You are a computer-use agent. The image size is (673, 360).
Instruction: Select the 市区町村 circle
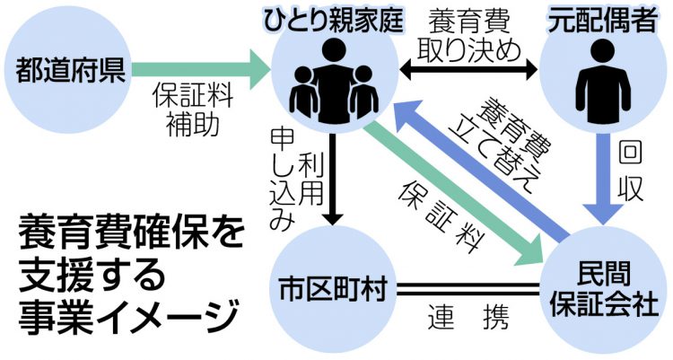click(x=333, y=287)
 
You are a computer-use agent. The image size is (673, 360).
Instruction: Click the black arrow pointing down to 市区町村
click(x=334, y=180)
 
